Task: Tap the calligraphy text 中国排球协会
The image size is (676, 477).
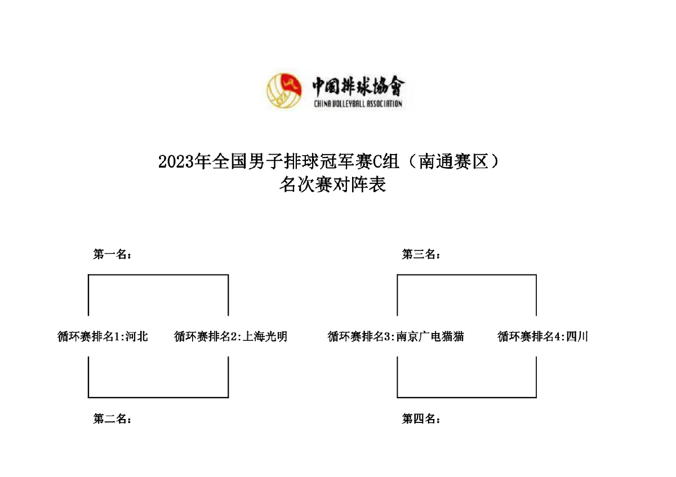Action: click(x=358, y=86)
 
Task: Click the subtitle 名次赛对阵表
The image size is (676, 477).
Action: click(x=332, y=184)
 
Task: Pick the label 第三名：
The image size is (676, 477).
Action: click(x=421, y=255)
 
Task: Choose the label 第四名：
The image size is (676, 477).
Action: click(x=421, y=419)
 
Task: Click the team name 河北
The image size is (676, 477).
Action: click(x=137, y=337)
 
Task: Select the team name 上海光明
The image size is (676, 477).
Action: click(x=265, y=337)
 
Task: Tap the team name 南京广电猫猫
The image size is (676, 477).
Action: click(x=430, y=337)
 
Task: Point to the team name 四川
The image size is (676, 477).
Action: click(x=577, y=337)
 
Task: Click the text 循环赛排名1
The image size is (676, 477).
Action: click(x=89, y=337)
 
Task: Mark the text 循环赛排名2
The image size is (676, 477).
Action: click(x=206, y=337)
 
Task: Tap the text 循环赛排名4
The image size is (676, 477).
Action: click(x=529, y=337)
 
